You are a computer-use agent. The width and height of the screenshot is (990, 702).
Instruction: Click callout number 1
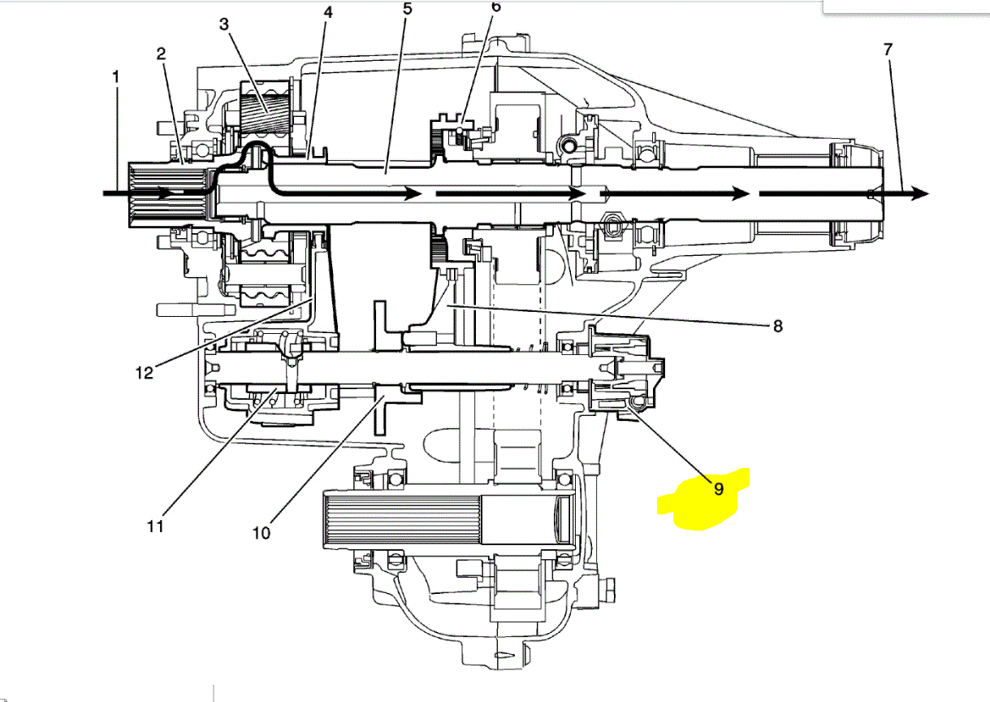coord(116,78)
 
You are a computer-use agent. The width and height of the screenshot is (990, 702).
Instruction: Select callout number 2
coord(161,54)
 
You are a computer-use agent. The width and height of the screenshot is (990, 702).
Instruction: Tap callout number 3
coord(224,24)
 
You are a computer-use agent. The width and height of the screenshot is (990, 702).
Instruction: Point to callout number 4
coord(327,14)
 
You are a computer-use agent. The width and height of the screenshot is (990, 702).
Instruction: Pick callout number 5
coord(407,9)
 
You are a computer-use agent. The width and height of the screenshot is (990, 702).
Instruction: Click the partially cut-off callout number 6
coord(496,6)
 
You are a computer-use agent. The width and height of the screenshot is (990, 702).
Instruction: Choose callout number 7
coord(888,49)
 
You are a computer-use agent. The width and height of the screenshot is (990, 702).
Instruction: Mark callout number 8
coord(777,326)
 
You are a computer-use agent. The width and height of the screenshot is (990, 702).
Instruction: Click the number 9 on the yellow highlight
coord(719,489)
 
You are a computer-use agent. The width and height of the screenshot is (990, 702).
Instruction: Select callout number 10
coord(261,533)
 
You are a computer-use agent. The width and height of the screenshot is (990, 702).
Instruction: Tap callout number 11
coord(155,526)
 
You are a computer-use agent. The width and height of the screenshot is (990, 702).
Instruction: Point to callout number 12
coord(144,373)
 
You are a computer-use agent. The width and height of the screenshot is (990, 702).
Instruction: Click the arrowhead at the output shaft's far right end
coord(919,193)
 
